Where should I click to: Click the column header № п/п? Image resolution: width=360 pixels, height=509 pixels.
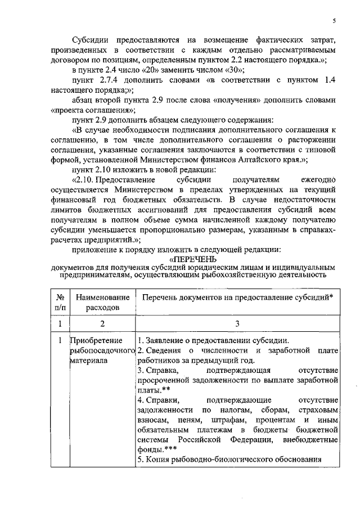tap(59, 302)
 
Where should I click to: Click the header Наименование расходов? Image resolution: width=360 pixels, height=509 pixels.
tap(102, 302)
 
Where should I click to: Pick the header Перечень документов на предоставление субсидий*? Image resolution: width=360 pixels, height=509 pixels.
tap(237, 297)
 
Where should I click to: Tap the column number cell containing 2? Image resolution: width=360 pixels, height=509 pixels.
tap(102, 323)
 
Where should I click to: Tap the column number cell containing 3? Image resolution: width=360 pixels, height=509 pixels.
tap(237, 323)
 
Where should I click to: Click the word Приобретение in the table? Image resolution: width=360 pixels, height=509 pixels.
tap(92, 341)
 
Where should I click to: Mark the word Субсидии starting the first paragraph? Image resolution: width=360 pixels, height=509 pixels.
tap(92, 40)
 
